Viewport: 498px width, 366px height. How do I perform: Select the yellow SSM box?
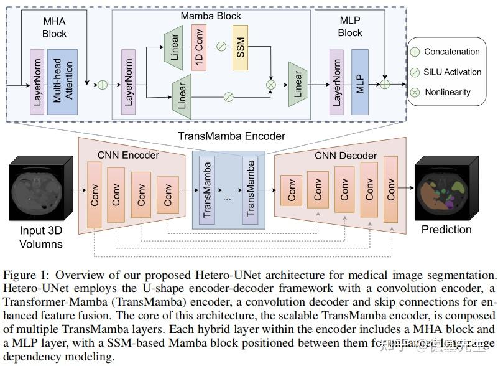click(x=240, y=47)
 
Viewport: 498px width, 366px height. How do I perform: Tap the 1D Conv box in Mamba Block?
click(x=200, y=47)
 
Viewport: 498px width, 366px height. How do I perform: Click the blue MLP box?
click(x=359, y=82)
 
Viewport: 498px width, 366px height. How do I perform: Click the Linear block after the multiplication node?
click(x=297, y=84)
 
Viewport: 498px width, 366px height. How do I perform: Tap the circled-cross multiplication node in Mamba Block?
click(x=271, y=84)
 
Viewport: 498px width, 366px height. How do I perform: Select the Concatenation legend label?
click(x=451, y=52)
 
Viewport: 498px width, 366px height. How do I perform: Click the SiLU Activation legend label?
click(x=452, y=72)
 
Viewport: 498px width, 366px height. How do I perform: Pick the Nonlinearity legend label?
click(x=447, y=92)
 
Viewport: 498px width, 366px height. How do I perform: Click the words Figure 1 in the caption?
click(x=22, y=274)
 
